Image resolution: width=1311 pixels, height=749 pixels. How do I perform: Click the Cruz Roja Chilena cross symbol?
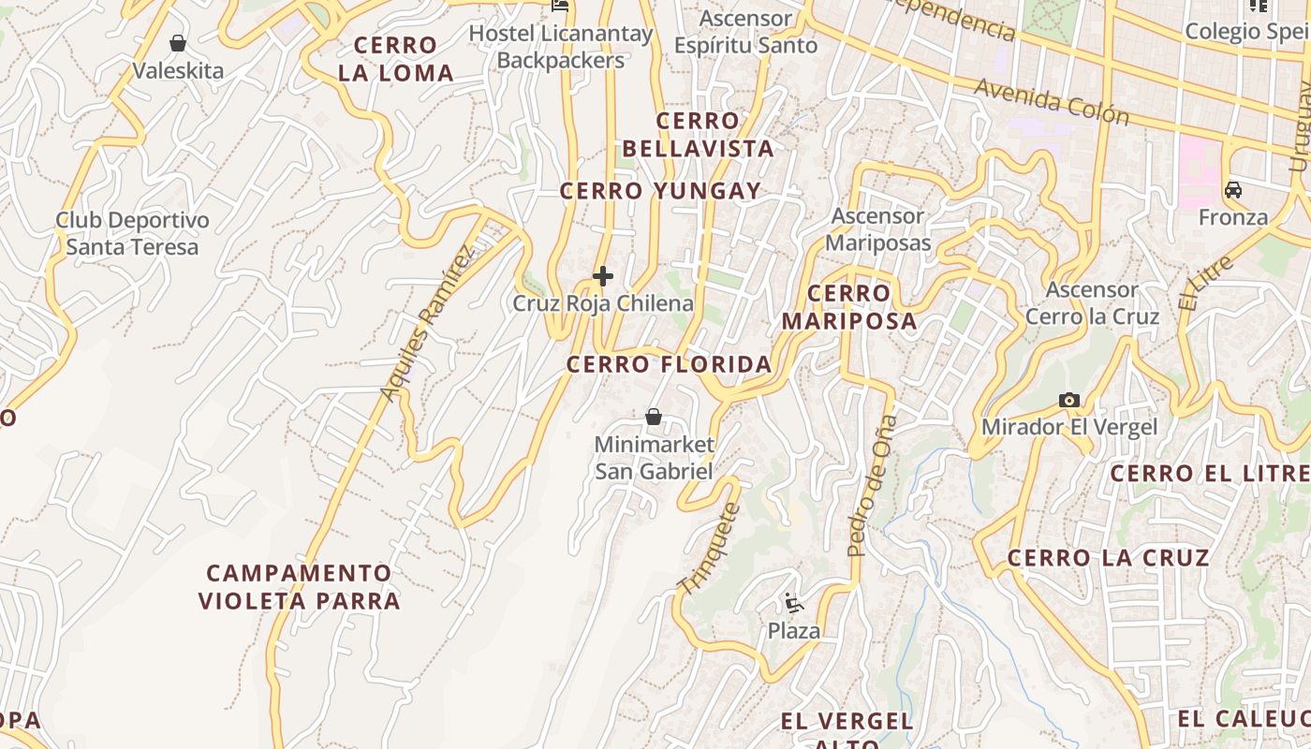click(603, 276)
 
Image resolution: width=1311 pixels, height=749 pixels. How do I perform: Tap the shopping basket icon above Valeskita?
click(178, 43)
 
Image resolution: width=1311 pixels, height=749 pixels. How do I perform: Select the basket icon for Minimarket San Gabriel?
click(654, 417)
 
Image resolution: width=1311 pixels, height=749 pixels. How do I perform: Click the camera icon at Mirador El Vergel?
click(1068, 400)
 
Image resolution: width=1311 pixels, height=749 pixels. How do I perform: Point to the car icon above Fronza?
click(1233, 190)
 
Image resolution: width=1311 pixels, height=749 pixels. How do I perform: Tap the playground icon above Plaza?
click(794, 603)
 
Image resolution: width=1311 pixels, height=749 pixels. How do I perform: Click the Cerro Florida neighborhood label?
click(670, 364)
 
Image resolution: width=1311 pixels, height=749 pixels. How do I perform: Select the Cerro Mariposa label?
click(849, 307)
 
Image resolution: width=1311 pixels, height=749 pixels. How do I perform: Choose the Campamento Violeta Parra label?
click(300, 587)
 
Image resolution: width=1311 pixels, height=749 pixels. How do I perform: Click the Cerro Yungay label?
click(660, 191)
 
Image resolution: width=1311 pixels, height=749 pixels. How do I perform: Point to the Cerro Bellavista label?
click(698, 135)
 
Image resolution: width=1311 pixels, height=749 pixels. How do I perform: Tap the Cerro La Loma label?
click(396, 59)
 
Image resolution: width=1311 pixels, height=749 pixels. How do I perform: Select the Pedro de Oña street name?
click(871, 487)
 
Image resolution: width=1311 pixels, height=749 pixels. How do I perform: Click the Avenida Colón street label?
click(1052, 100)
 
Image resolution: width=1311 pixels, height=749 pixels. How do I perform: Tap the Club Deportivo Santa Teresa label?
click(132, 234)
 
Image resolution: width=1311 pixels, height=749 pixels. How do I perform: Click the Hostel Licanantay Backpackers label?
click(560, 47)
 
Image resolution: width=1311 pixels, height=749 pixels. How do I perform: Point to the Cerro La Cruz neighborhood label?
click(1109, 559)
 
